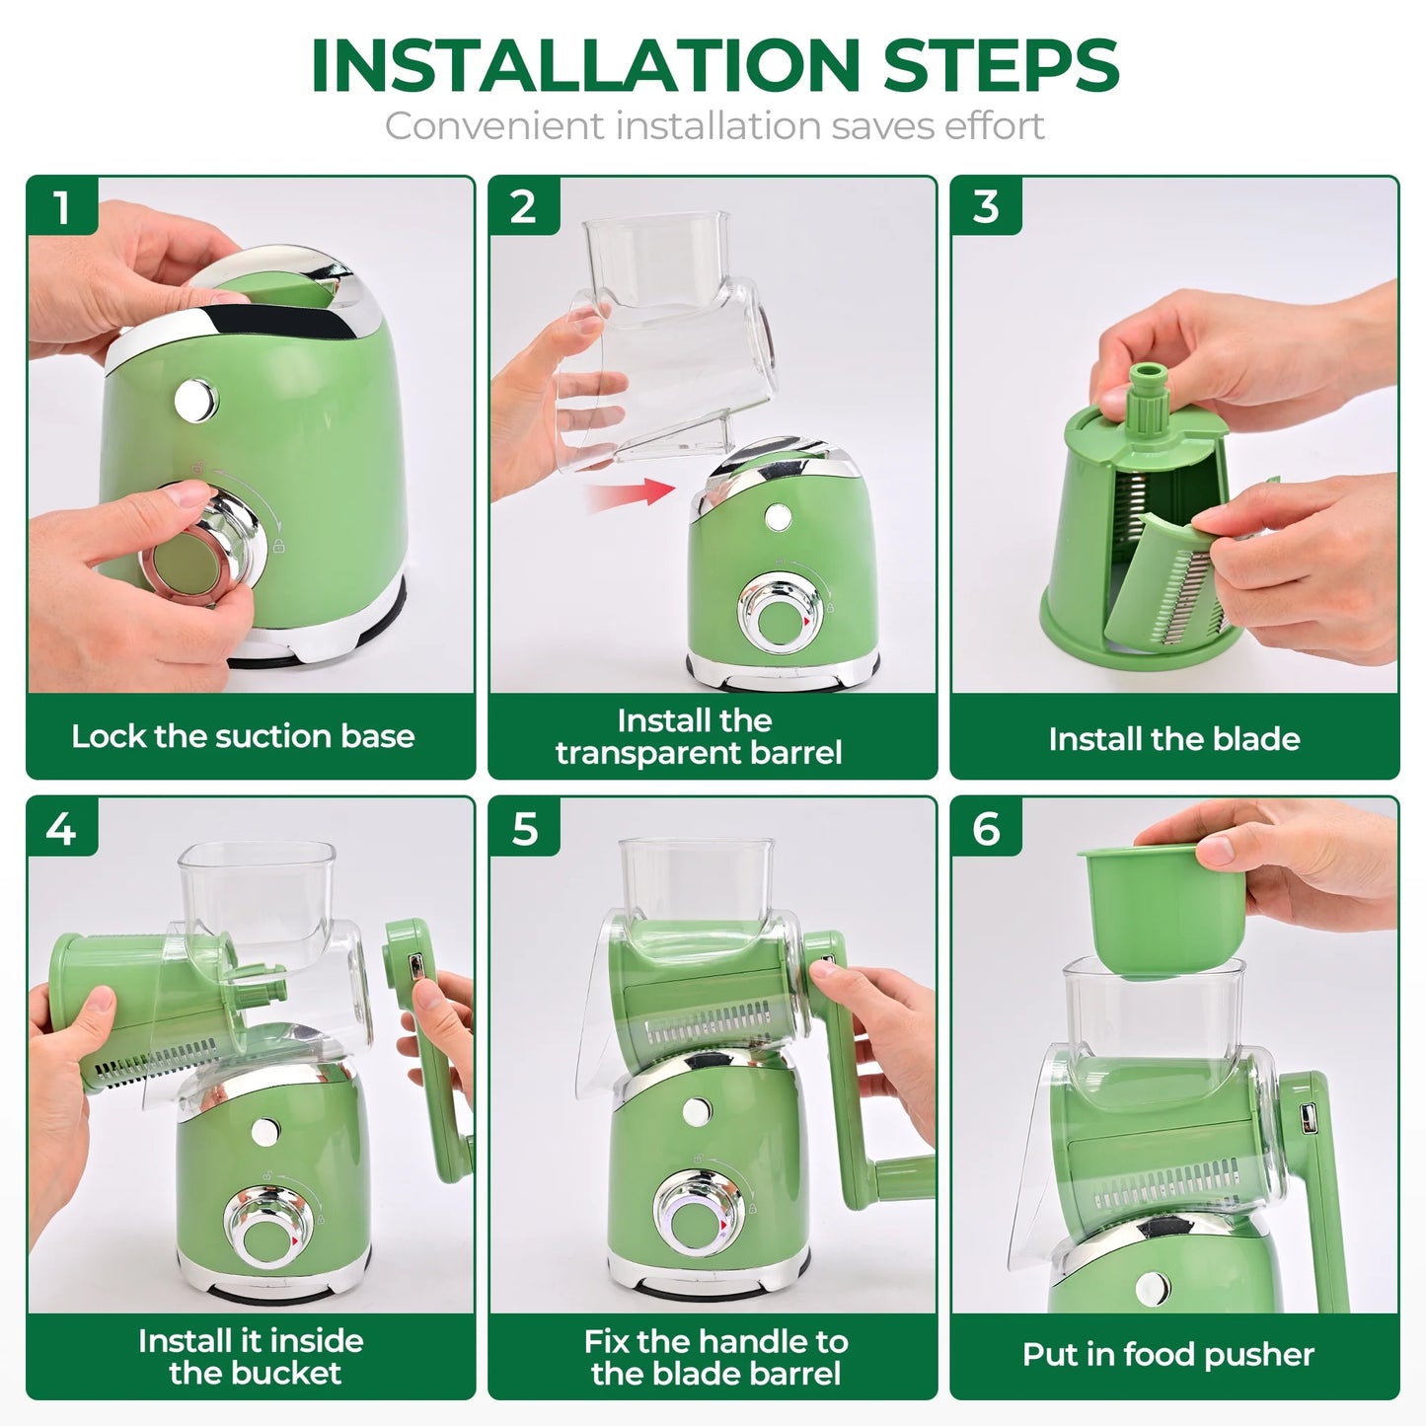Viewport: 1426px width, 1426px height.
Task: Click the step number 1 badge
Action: pos(61,207)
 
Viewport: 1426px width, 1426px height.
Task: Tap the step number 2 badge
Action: pos(524,207)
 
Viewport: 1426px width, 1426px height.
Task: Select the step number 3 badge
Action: pos(986,207)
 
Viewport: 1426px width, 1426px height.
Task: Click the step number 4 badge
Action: pos(61,828)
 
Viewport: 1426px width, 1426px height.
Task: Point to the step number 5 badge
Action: pos(524,828)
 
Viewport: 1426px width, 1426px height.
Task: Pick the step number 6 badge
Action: pos(986,828)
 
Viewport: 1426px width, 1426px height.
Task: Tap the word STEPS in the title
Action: pos(1001,67)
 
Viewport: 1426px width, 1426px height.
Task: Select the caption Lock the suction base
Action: pos(243,736)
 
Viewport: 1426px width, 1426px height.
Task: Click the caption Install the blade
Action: pos(1174,739)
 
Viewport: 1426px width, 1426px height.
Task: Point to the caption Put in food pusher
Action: pos(1168,1354)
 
